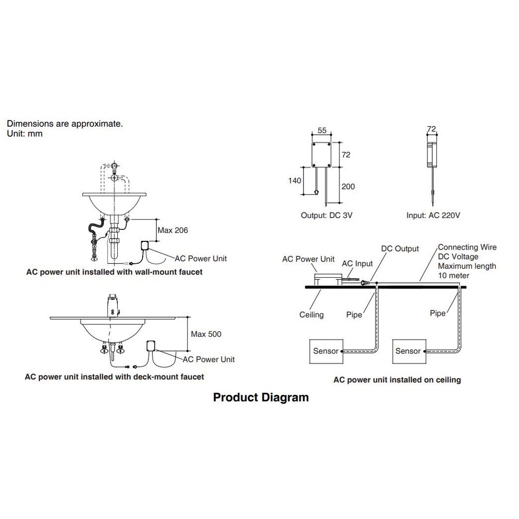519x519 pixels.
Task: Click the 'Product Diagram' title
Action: pos(261,397)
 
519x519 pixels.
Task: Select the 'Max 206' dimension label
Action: pos(172,230)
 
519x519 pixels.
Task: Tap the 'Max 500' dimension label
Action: pos(206,334)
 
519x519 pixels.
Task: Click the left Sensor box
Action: pos(326,351)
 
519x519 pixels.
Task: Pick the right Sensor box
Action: pos(409,351)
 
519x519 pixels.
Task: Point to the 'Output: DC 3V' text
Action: pos(326,215)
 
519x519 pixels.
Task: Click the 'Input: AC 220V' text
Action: pos(433,215)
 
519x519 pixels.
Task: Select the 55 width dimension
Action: pos(322,130)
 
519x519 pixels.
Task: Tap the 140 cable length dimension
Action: pos(295,181)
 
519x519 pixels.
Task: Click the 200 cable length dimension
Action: pos(348,186)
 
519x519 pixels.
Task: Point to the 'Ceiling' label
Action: pos(311,315)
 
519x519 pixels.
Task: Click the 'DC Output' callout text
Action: pos(400,249)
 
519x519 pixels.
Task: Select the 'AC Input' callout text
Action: pos(357,264)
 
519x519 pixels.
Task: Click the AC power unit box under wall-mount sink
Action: pos(145,245)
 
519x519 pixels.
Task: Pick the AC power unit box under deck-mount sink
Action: pos(151,346)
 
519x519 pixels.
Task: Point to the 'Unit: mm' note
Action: pos(24,134)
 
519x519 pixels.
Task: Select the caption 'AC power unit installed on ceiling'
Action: pos(397,380)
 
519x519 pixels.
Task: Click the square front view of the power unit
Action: pos(321,155)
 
